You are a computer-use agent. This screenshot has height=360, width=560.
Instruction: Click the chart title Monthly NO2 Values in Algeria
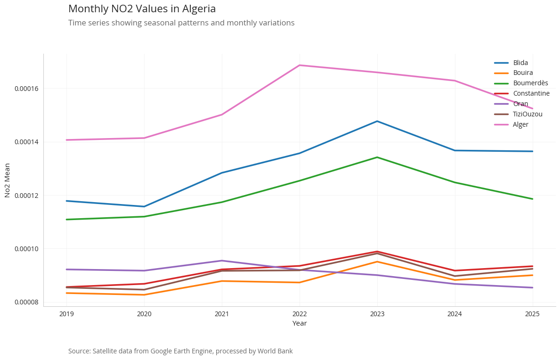click(142, 9)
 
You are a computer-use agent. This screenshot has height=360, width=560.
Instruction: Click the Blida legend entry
click(520, 63)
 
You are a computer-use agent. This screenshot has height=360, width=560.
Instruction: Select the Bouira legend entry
click(523, 73)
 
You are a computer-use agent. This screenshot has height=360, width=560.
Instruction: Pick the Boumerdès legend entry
click(530, 83)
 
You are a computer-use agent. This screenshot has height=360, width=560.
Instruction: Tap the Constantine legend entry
click(531, 93)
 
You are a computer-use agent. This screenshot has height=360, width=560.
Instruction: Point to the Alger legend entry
click(520, 124)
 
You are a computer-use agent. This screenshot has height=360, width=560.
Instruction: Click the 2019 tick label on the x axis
click(66, 314)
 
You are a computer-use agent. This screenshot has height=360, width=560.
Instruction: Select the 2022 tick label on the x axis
click(300, 314)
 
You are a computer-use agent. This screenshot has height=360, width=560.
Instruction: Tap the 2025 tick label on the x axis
click(532, 314)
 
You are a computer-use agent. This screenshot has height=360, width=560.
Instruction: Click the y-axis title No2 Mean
click(8, 180)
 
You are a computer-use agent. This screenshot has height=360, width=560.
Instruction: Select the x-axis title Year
click(300, 323)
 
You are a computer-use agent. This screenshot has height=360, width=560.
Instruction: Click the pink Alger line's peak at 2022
click(300, 65)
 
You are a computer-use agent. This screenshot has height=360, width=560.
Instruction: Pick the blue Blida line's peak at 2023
click(377, 121)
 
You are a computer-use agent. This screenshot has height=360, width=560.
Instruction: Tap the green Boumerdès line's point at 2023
click(377, 157)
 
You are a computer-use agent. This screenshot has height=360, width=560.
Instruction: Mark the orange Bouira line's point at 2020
click(144, 295)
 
